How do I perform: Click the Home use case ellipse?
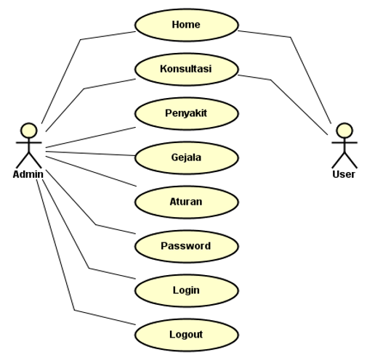click(x=186, y=25)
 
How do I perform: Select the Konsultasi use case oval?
click(x=186, y=69)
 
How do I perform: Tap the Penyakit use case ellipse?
click(x=186, y=113)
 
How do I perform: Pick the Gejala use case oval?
click(x=186, y=157)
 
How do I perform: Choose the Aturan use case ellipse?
click(x=186, y=202)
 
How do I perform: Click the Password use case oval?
click(x=186, y=246)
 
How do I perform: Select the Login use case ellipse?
click(x=186, y=290)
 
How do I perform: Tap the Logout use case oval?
click(x=186, y=335)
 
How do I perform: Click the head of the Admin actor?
click(x=29, y=131)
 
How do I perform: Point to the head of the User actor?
click(x=344, y=131)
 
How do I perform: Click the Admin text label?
click(x=28, y=174)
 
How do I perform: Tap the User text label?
click(x=344, y=174)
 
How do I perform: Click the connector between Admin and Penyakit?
click(x=91, y=137)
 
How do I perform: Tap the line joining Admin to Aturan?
click(x=91, y=171)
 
